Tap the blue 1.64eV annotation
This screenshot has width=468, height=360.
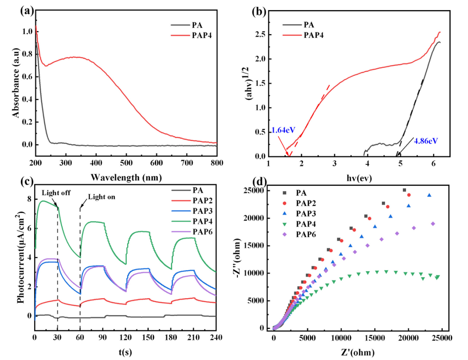283,130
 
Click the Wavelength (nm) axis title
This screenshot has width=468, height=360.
126,177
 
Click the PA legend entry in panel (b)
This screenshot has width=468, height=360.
309,25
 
